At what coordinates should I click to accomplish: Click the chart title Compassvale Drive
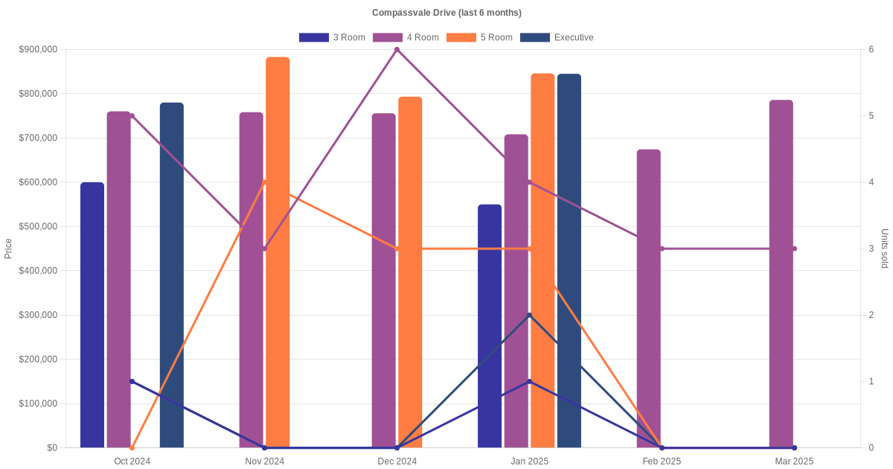tap(446, 13)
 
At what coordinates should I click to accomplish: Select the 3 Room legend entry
tap(332, 37)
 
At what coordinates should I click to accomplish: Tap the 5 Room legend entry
tap(479, 37)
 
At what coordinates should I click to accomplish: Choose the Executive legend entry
tap(556, 37)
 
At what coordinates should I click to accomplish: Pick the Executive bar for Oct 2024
tap(172, 275)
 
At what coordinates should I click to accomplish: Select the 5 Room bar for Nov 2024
tap(278, 252)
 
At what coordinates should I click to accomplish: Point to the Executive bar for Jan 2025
tap(569, 261)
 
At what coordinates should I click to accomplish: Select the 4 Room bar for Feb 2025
tap(649, 299)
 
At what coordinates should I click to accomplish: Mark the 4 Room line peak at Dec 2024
tap(397, 50)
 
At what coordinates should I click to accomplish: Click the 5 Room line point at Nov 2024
tap(265, 182)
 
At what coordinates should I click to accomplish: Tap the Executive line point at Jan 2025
tap(530, 316)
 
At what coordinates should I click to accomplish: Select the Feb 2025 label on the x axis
tap(662, 462)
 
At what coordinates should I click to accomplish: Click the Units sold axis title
tap(884, 249)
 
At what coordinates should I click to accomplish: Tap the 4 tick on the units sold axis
tap(871, 182)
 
